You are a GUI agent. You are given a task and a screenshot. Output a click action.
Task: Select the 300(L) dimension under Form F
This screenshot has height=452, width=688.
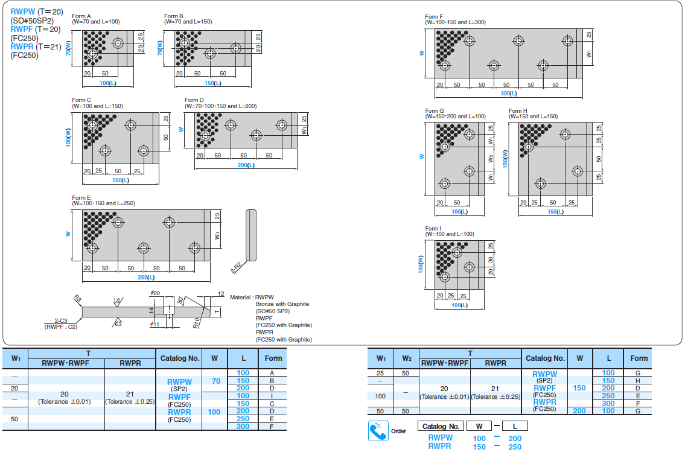509,94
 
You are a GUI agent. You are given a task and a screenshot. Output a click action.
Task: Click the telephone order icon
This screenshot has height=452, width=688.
378,431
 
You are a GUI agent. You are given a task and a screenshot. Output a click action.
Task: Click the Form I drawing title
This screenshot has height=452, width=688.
433,229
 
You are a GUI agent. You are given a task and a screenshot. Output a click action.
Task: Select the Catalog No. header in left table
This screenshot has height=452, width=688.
179,358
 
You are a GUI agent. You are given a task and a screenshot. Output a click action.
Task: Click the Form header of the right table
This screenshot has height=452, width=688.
639,358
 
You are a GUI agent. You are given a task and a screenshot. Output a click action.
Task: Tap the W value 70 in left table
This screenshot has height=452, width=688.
215,381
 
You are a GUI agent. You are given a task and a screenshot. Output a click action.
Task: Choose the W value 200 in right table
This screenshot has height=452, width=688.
579,411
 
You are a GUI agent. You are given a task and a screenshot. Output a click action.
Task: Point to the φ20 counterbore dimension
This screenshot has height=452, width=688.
156,293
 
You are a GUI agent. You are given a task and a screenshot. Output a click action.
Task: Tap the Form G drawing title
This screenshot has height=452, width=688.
435,111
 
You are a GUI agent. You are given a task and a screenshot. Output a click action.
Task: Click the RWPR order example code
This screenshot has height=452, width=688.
440,447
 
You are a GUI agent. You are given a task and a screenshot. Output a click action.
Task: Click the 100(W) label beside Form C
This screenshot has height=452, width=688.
68,138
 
